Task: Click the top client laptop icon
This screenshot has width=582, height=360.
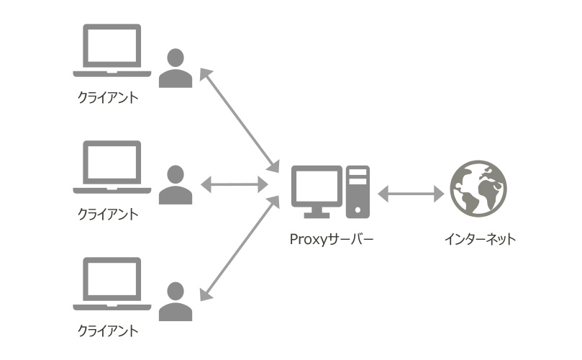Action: (112, 50)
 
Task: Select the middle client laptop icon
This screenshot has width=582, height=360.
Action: (112, 167)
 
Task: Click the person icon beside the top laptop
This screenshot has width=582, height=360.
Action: (176, 68)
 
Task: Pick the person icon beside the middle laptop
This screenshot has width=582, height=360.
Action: (176, 185)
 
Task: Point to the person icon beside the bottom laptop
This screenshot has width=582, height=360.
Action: (176, 302)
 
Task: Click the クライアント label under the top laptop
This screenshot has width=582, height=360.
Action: (107, 97)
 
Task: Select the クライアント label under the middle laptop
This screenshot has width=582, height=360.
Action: (107, 215)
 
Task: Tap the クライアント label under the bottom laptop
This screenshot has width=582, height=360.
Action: (107, 331)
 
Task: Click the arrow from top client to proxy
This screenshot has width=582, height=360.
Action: (239, 118)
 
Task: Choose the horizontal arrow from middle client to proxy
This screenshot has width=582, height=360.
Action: (234, 185)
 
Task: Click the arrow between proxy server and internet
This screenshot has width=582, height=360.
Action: (411, 193)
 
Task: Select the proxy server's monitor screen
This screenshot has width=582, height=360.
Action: (317, 186)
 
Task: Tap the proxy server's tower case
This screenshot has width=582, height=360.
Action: (357, 192)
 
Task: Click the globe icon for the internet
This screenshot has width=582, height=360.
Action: (478, 189)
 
